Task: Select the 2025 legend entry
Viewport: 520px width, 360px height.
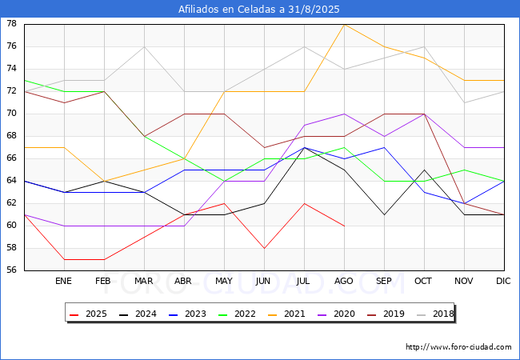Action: (x=88, y=314)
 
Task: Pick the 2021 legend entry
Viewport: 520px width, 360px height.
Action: (x=286, y=314)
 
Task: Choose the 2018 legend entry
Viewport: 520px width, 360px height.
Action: (x=435, y=314)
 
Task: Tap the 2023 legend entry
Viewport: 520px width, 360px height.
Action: (x=187, y=314)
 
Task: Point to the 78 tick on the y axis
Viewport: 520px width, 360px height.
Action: (x=12, y=23)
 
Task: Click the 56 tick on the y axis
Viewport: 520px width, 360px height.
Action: (x=12, y=270)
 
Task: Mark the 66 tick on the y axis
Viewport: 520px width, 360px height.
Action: (x=12, y=158)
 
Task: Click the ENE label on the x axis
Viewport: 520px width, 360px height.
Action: (x=63, y=281)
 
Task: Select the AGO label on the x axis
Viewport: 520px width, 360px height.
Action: (x=343, y=281)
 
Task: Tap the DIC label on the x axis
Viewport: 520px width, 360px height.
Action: (x=503, y=281)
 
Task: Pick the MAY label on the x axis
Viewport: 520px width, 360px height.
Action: (x=224, y=281)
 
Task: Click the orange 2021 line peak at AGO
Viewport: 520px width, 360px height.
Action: (x=344, y=25)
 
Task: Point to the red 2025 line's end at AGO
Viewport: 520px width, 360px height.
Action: (x=344, y=226)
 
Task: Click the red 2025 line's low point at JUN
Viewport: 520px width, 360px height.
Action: (x=264, y=248)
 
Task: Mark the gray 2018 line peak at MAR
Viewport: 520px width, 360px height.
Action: (x=144, y=46)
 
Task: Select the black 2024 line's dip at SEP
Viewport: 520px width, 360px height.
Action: (x=384, y=215)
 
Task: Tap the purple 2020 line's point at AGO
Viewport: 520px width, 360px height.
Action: (x=344, y=114)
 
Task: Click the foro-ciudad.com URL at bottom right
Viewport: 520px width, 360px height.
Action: (x=458, y=347)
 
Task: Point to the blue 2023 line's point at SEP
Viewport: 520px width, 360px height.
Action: (x=384, y=147)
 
